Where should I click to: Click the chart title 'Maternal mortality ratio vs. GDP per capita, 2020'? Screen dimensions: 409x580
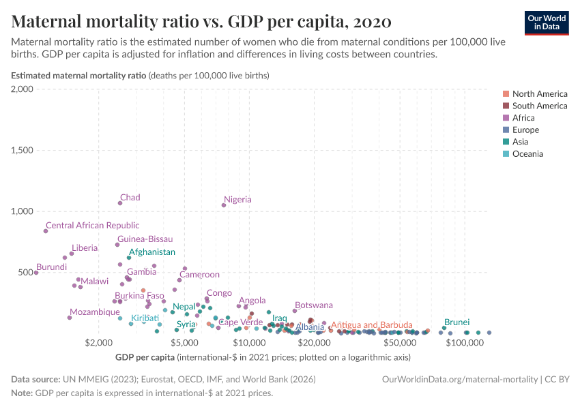[201, 21]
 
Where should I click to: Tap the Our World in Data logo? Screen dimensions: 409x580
[546, 22]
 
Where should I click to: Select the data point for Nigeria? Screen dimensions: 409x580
[224, 205]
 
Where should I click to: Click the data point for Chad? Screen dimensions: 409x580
[120, 202]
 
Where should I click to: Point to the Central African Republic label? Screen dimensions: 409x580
[92, 225]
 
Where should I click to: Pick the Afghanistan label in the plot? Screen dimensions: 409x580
[151, 252]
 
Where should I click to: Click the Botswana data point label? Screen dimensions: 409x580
[314, 305]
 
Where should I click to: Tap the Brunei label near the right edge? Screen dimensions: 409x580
[456, 322]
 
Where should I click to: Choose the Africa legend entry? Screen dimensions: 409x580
[523, 118]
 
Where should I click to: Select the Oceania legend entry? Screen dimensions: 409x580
[527, 154]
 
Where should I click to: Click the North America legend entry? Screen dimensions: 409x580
[539, 94]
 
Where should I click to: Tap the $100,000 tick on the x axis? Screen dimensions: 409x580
[465, 342]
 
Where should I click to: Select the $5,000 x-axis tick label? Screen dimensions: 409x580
[184, 342]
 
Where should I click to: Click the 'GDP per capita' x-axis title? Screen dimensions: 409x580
[145, 357]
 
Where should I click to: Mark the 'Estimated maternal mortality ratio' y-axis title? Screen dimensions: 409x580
[78, 76]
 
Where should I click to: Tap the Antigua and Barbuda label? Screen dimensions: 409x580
[371, 324]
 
